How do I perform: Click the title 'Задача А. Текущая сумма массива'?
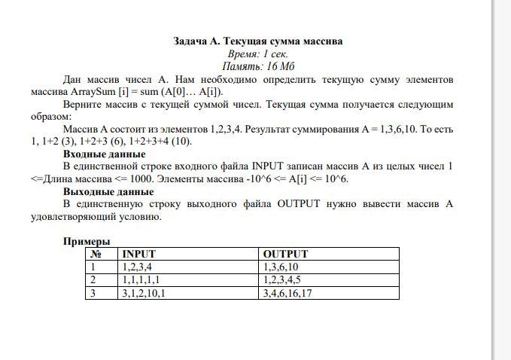pyautogui.click(x=258, y=41)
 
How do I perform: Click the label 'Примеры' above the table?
pyautogui.click(x=87, y=242)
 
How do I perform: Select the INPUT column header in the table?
pyautogui.click(x=138, y=255)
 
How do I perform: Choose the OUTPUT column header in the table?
pyautogui.click(x=286, y=255)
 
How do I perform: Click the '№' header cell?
pyautogui.click(x=96, y=255)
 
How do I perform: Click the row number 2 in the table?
pyautogui.click(x=94, y=280)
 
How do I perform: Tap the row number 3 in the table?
pyautogui.click(x=94, y=293)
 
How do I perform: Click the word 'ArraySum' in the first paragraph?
pyautogui.click(x=114, y=91)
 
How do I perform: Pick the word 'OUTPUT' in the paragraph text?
pyautogui.click(x=299, y=204)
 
